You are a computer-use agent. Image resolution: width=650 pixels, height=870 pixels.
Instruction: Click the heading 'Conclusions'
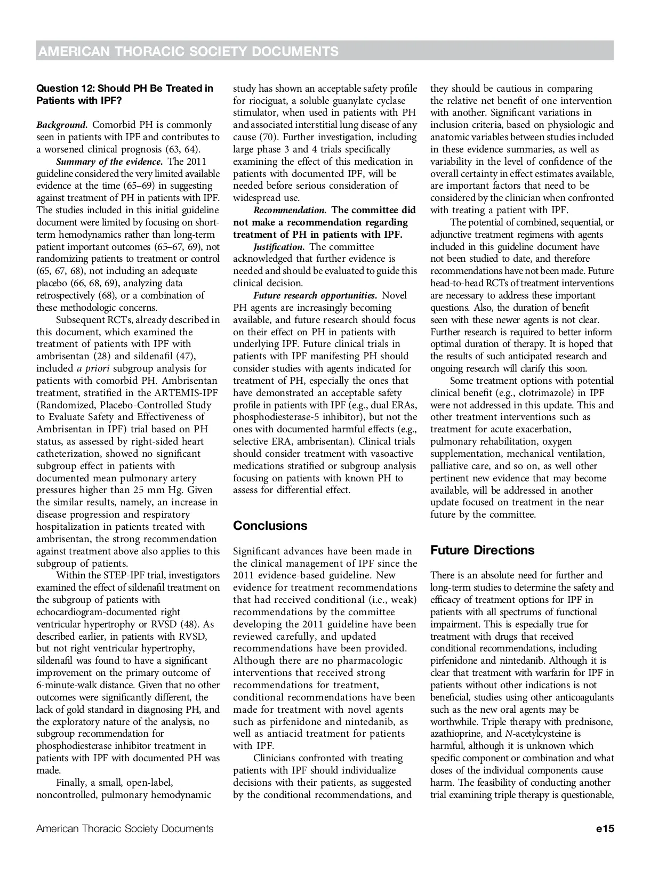pyautogui.click(x=270, y=526)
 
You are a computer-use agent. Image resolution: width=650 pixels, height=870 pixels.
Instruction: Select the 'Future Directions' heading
pyautogui.click(x=482, y=550)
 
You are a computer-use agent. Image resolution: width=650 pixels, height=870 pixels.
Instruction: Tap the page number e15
pyautogui.click(x=606, y=828)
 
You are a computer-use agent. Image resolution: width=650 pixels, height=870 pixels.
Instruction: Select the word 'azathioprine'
pyautogui.click(x=457, y=734)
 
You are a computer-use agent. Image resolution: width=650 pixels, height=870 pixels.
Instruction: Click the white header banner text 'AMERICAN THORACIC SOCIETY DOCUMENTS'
pyautogui.click(x=189, y=51)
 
